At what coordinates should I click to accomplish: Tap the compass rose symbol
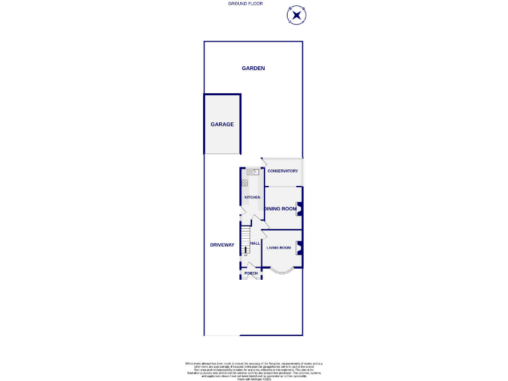pyautogui.click(x=296, y=15)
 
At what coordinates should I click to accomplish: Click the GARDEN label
pyautogui.click(x=253, y=68)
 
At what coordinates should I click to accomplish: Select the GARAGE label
pyautogui.click(x=222, y=124)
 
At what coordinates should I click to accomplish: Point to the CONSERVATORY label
pyautogui.click(x=282, y=171)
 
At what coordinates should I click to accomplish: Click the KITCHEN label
pyautogui.click(x=252, y=197)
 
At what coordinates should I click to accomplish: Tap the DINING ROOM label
pyautogui.click(x=280, y=209)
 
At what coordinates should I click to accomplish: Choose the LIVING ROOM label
pyautogui.click(x=278, y=248)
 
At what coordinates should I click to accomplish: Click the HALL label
pyautogui.click(x=255, y=243)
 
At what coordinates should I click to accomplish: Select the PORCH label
pyautogui.click(x=251, y=273)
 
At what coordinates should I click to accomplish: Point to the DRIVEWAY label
pyautogui.click(x=222, y=245)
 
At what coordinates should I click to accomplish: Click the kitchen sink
pyautogui.click(x=253, y=172)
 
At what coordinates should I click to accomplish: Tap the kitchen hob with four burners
pyautogui.click(x=245, y=183)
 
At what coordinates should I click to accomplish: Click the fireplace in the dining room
pyautogui.click(x=299, y=209)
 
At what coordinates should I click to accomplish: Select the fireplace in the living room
pyautogui.click(x=299, y=248)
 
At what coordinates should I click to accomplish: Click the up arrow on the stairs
pyautogui.click(x=245, y=250)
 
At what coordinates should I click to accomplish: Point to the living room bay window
pyautogui.click(x=282, y=271)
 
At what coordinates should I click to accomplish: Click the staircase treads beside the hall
pyautogui.click(x=245, y=236)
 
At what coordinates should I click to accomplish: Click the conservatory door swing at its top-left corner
pyautogui.click(x=264, y=161)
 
